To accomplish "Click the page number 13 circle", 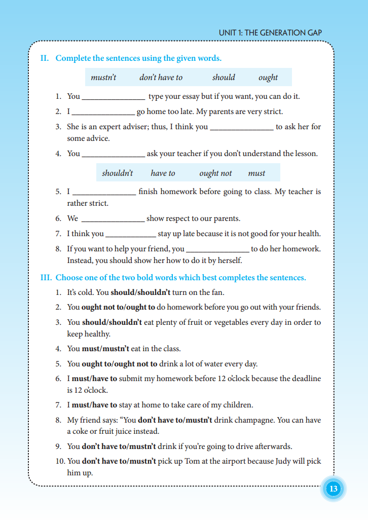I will click(x=333, y=489).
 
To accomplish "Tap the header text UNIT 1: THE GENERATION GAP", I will click(x=270, y=33).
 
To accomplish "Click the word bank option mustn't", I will click(x=103, y=78).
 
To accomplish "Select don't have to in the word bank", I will click(x=161, y=78).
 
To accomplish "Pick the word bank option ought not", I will click(x=215, y=173).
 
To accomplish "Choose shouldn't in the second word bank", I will click(x=117, y=173).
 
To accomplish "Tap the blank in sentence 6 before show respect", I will click(x=113, y=219).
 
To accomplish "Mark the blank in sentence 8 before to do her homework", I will click(x=217, y=250).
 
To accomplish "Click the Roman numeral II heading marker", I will click(x=45, y=58).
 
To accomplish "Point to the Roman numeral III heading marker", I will click(x=46, y=278).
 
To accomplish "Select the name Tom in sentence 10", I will click(x=197, y=462).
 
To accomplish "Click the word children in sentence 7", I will click(x=238, y=405).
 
